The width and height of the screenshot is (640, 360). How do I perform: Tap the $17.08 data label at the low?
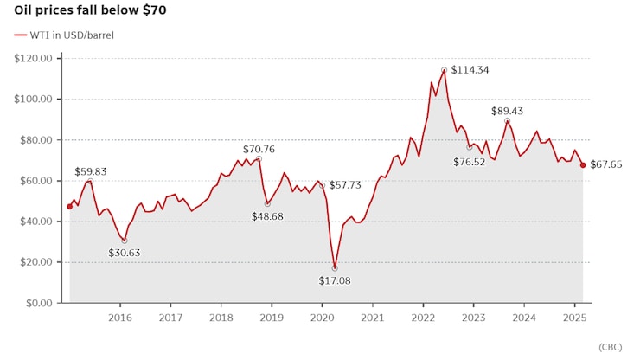click(334, 281)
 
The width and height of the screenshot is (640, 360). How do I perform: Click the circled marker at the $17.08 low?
click(335, 268)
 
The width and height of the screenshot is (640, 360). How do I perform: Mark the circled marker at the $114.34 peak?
click(444, 70)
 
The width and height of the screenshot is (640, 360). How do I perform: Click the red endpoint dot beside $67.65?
click(583, 165)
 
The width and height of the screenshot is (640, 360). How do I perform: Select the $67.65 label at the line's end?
click(608, 165)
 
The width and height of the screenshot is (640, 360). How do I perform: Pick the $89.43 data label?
click(507, 111)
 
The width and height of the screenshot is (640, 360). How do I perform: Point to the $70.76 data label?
click(259, 149)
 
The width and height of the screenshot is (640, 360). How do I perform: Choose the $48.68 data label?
click(268, 216)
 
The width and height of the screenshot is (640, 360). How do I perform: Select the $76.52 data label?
click(471, 161)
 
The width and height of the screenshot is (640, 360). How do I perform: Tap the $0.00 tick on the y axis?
click(39, 303)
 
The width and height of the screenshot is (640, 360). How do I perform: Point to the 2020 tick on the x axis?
click(323, 318)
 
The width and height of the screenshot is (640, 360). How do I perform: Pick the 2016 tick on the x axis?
click(119, 318)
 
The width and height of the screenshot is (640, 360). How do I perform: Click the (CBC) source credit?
click(610, 346)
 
